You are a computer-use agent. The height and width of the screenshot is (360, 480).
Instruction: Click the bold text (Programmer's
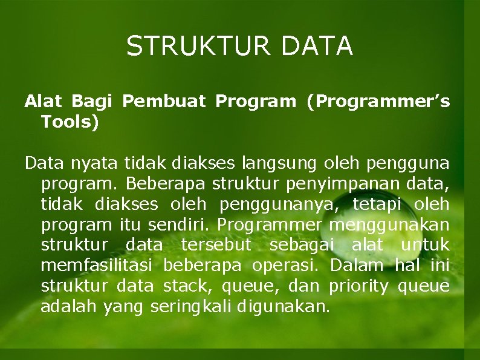tap(378, 102)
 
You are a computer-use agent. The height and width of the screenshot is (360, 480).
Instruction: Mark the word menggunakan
tap(389, 224)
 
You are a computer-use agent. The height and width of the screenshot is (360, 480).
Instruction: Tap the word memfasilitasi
tap(99, 266)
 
